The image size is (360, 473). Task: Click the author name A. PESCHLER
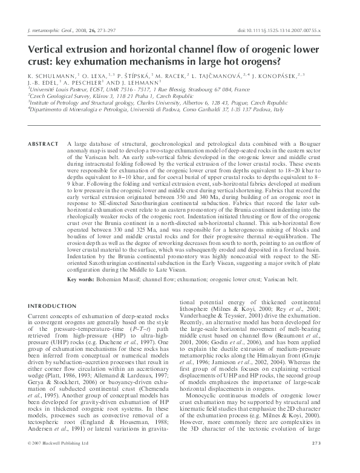87,84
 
